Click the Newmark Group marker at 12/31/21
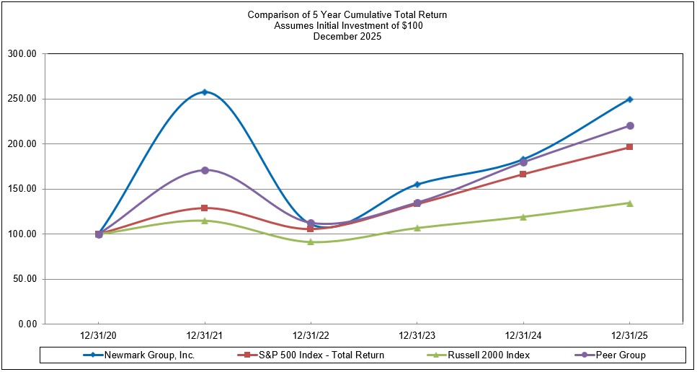point(205,92)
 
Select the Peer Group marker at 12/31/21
point(205,170)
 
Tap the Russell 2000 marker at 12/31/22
point(311,242)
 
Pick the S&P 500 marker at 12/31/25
point(629,147)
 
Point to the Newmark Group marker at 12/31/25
point(629,99)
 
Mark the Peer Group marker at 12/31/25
point(629,126)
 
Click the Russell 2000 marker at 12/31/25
point(629,203)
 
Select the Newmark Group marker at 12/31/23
point(417,185)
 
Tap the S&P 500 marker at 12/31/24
point(523,174)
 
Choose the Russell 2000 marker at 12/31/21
point(205,221)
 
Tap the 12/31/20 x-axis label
point(99,337)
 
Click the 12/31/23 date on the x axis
point(417,337)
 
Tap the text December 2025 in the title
point(347,37)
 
